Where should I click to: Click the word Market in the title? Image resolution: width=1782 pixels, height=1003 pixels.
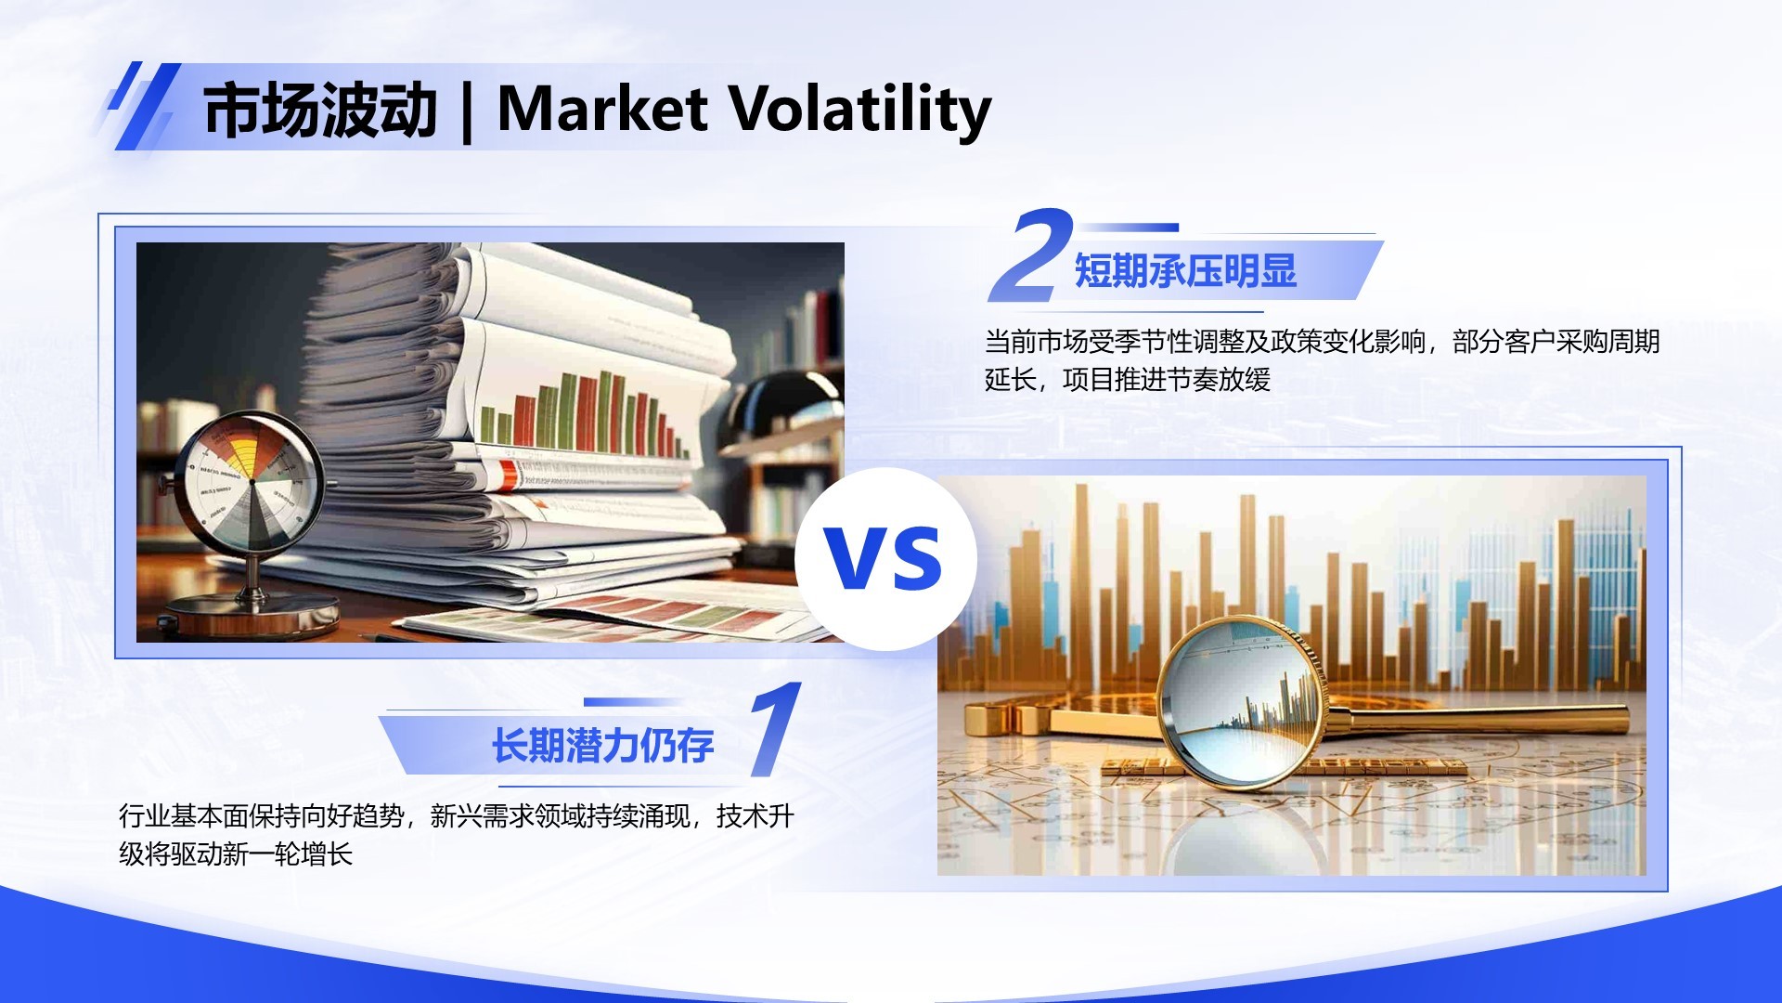pyautogui.click(x=602, y=109)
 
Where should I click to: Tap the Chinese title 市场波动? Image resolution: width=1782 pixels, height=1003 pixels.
pyautogui.click(x=320, y=111)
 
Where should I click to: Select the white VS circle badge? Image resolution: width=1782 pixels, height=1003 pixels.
pyautogui.click(x=885, y=558)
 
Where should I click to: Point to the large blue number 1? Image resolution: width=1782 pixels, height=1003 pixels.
pyautogui.click(x=776, y=730)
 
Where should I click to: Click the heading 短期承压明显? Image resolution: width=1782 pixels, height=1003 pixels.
pyautogui.click(x=1185, y=271)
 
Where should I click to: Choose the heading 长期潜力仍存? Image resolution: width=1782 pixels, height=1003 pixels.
pyautogui.click(x=602, y=746)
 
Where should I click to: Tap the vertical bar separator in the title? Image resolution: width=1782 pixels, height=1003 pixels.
pyautogui.click(x=466, y=111)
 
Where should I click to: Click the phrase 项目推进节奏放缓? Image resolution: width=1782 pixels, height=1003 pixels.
pyautogui.click(x=1167, y=380)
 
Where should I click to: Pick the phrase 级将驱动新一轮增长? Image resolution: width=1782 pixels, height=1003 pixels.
pyautogui.click(x=236, y=854)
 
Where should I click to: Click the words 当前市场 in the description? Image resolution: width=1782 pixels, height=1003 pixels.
pyautogui.click(x=1036, y=342)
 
